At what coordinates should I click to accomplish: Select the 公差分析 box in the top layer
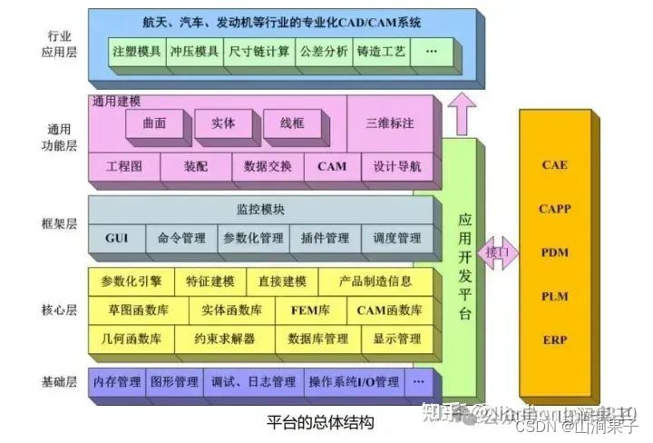324,52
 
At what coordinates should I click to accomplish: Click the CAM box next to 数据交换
331,167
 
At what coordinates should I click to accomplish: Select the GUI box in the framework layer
116,239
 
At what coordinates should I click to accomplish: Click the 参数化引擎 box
131,281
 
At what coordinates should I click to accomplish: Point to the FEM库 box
310,310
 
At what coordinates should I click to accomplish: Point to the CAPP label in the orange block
554,209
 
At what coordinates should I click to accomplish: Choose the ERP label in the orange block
554,340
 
